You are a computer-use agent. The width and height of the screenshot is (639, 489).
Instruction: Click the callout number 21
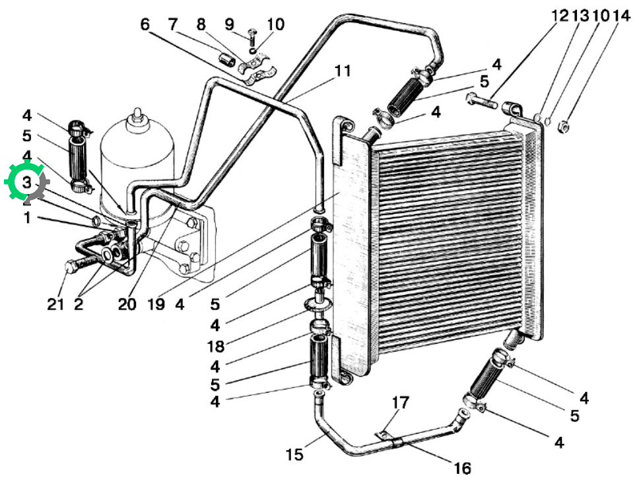click(x=55, y=304)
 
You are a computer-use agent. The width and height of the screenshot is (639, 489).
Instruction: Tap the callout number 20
click(x=127, y=304)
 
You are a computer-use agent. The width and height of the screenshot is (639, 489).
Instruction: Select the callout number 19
click(x=156, y=304)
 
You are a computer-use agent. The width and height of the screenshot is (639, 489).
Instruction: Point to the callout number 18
click(x=216, y=346)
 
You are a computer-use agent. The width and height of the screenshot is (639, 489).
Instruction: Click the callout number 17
click(x=400, y=403)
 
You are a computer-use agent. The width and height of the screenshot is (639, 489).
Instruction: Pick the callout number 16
click(x=462, y=469)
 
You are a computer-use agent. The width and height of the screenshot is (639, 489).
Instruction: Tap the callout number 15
click(x=294, y=455)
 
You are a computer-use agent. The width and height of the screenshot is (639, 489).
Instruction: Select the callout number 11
click(x=343, y=71)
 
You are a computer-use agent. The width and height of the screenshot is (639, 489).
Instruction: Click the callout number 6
click(x=145, y=24)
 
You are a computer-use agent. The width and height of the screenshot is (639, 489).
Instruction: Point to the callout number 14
click(x=621, y=15)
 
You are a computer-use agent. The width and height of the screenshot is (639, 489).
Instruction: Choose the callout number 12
click(x=560, y=15)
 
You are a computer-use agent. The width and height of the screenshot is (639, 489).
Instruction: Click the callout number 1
click(x=27, y=218)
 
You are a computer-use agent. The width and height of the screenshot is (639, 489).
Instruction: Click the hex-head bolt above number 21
click(x=84, y=261)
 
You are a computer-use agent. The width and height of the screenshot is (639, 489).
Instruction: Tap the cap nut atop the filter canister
click(x=137, y=115)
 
